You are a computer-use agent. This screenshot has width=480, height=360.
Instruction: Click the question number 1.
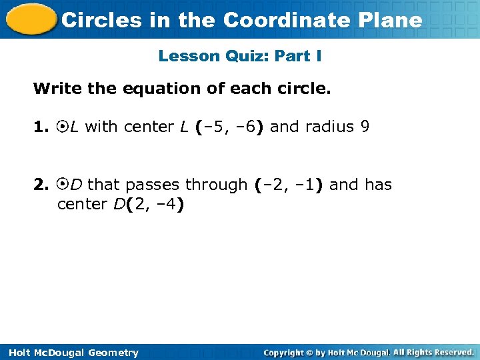point(39,127)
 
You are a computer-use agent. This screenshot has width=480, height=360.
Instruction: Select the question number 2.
point(39,184)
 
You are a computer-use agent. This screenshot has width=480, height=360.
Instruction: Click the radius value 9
point(364,127)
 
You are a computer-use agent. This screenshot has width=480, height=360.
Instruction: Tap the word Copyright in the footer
point(290,352)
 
